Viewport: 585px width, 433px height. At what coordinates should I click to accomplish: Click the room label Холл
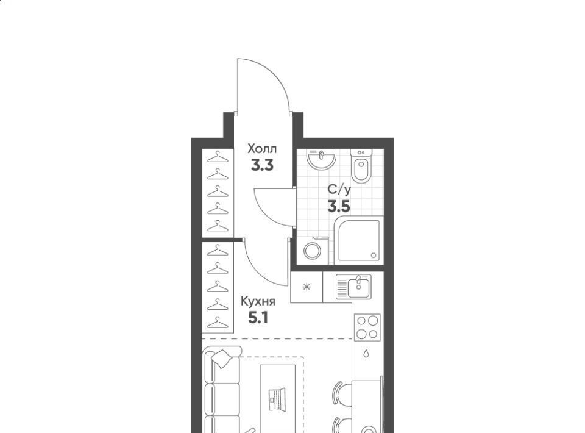[x=262, y=149]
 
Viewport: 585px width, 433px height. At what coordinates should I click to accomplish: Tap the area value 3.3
[x=262, y=165]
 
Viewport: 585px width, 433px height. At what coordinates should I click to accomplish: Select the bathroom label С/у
[x=339, y=190]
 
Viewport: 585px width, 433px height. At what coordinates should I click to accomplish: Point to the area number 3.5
[x=339, y=206]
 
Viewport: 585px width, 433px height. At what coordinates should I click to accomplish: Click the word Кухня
[x=258, y=301]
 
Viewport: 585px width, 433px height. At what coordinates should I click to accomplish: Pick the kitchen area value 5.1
[x=258, y=318]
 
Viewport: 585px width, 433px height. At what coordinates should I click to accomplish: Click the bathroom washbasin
[x=322, y=159]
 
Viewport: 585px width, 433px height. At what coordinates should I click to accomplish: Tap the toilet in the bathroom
[x=361, y=166]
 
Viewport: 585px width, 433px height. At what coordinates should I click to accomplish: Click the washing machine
[x=312, y=250]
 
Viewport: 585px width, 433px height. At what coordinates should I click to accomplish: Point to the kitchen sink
[x=353, y=287]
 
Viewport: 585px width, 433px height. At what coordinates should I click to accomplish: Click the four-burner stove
[x=367, y=327]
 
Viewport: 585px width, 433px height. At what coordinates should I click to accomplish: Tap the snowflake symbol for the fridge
[x=307, y=287]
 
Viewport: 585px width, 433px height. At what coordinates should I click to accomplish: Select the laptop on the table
[x=277, y=399]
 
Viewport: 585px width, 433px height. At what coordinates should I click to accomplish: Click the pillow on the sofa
[x=222, y=359]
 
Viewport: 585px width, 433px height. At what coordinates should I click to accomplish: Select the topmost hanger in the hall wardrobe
[x=218, y=157]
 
